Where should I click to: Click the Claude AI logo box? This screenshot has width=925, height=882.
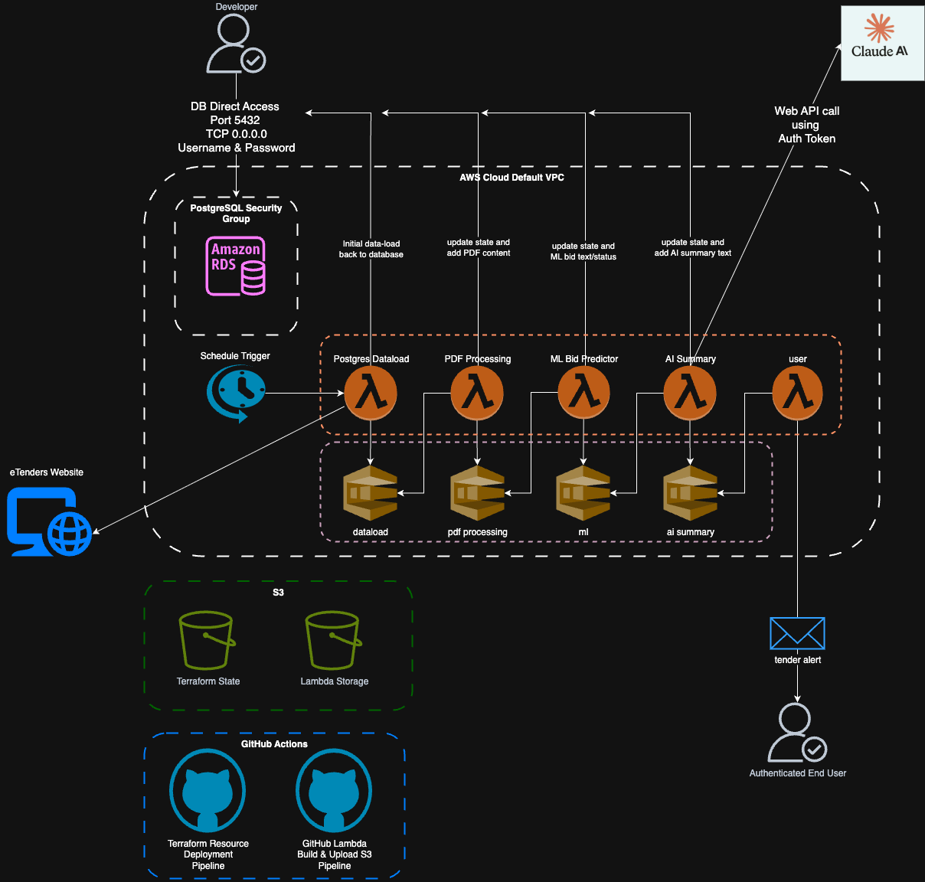pyautogui.click(x=881, y=43)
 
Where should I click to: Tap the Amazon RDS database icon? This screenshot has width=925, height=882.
pyautogui.click(x=236, y=266)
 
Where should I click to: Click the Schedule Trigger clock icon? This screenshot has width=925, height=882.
pyautogui.click(x=236, y=393)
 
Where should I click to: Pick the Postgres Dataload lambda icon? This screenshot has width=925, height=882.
pyautogui.click(x=371, y=393)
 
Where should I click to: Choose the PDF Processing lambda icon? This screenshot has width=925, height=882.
pyautogui.click(x=477, y=393)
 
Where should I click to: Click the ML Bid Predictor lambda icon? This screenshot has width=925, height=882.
pyautogui.click(x=583, y=393)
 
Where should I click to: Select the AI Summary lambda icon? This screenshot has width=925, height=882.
pyautogui.click(x=690, y=393)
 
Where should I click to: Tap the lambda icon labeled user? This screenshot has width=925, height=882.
pyautogui.click(x=797, y=393)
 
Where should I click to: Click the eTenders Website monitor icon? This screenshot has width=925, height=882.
pyautogui.click(x=49, y=522)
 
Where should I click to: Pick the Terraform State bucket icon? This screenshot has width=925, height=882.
pyautogui.click(x=207, y=640)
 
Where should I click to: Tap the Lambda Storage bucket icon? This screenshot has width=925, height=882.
pyautogui.click(x=333, y=640)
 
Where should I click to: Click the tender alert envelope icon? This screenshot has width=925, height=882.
pyautogui.click(x=797, y=633)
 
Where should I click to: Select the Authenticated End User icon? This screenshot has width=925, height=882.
pyautogui.click(x=796, y=733)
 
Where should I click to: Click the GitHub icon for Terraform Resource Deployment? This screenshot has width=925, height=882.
pyautogui.click(x=208, y=791)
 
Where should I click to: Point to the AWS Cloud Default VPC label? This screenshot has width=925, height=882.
pyautogui.click(x=512, y=178)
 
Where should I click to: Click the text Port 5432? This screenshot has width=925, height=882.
pyautogui.click(x=235, y=120)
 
